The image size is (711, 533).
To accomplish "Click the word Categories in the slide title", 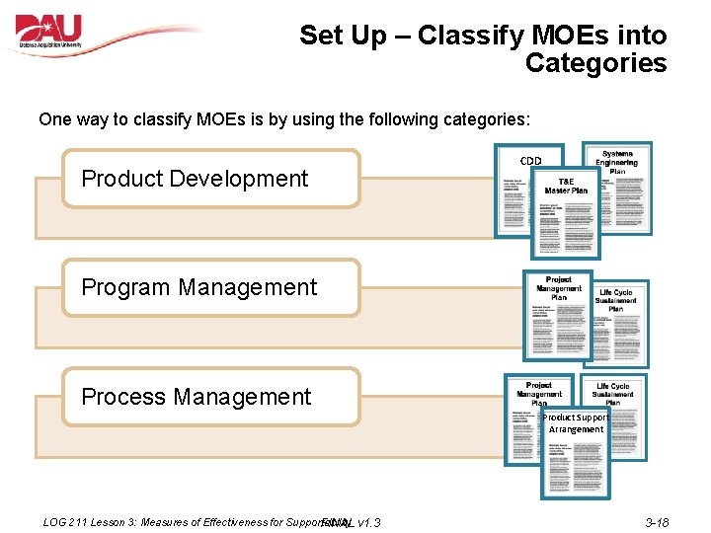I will [x=595, y=63].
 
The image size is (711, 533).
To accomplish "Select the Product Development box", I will [x=210, y=179].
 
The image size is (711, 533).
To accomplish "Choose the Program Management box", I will [x=210, y=287].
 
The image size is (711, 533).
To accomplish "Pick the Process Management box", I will [x=210, y=397].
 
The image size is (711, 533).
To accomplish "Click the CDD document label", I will [x=531, y=161].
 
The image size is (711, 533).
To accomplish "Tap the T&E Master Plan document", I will [x=565, y=212].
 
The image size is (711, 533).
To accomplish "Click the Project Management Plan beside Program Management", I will [x=558, y=314].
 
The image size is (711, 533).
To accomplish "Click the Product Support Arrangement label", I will [x=576, y=423].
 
